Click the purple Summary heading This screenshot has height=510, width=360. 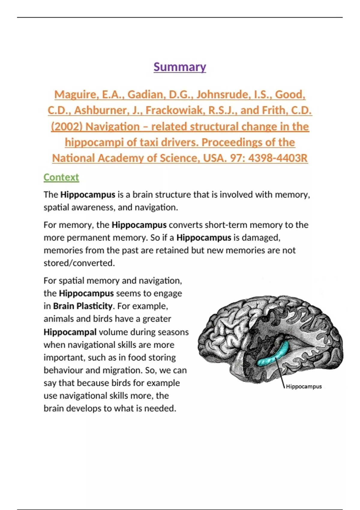[180, 67]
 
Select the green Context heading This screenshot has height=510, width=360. [61, 177]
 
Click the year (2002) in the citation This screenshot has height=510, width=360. [67, 127]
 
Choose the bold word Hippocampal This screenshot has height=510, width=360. [70, 332]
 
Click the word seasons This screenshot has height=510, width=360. [173, 332]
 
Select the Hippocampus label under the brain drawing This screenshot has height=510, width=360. [304, 387]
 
